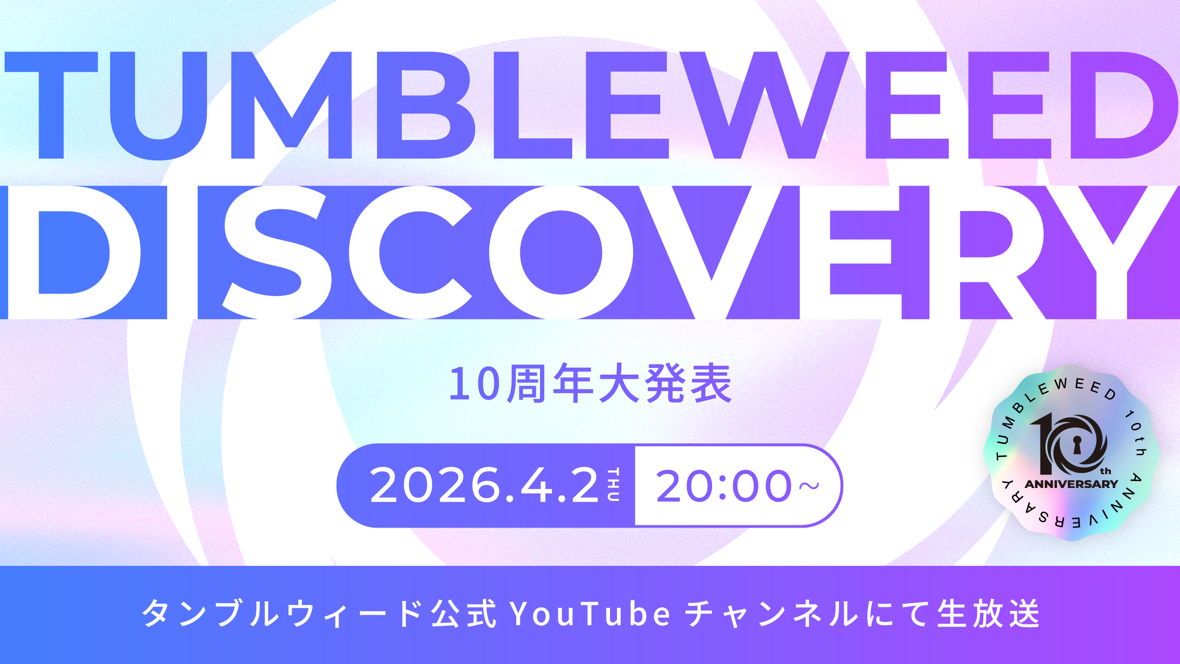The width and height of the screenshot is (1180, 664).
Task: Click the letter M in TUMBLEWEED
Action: [x=291, y=105]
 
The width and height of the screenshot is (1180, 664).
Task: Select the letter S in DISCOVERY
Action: [x=276, y=253]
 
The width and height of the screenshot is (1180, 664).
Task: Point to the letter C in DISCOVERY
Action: [x=410, y=253]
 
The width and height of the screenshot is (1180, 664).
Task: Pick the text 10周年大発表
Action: [x=590, y=383]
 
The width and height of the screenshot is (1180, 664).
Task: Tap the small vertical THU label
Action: [x=613, y=485]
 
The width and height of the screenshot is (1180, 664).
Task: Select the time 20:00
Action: [x=723, y=485]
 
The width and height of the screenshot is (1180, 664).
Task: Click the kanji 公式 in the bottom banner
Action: [x=463, y=614]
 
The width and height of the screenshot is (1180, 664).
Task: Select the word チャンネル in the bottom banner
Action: [x=772, y=614]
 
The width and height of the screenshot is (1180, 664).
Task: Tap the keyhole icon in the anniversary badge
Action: [x=1077, y=445]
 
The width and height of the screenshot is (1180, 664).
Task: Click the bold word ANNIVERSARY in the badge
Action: [x=1071, y=484]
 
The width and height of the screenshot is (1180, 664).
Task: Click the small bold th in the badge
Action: [x=1105, y=471]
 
